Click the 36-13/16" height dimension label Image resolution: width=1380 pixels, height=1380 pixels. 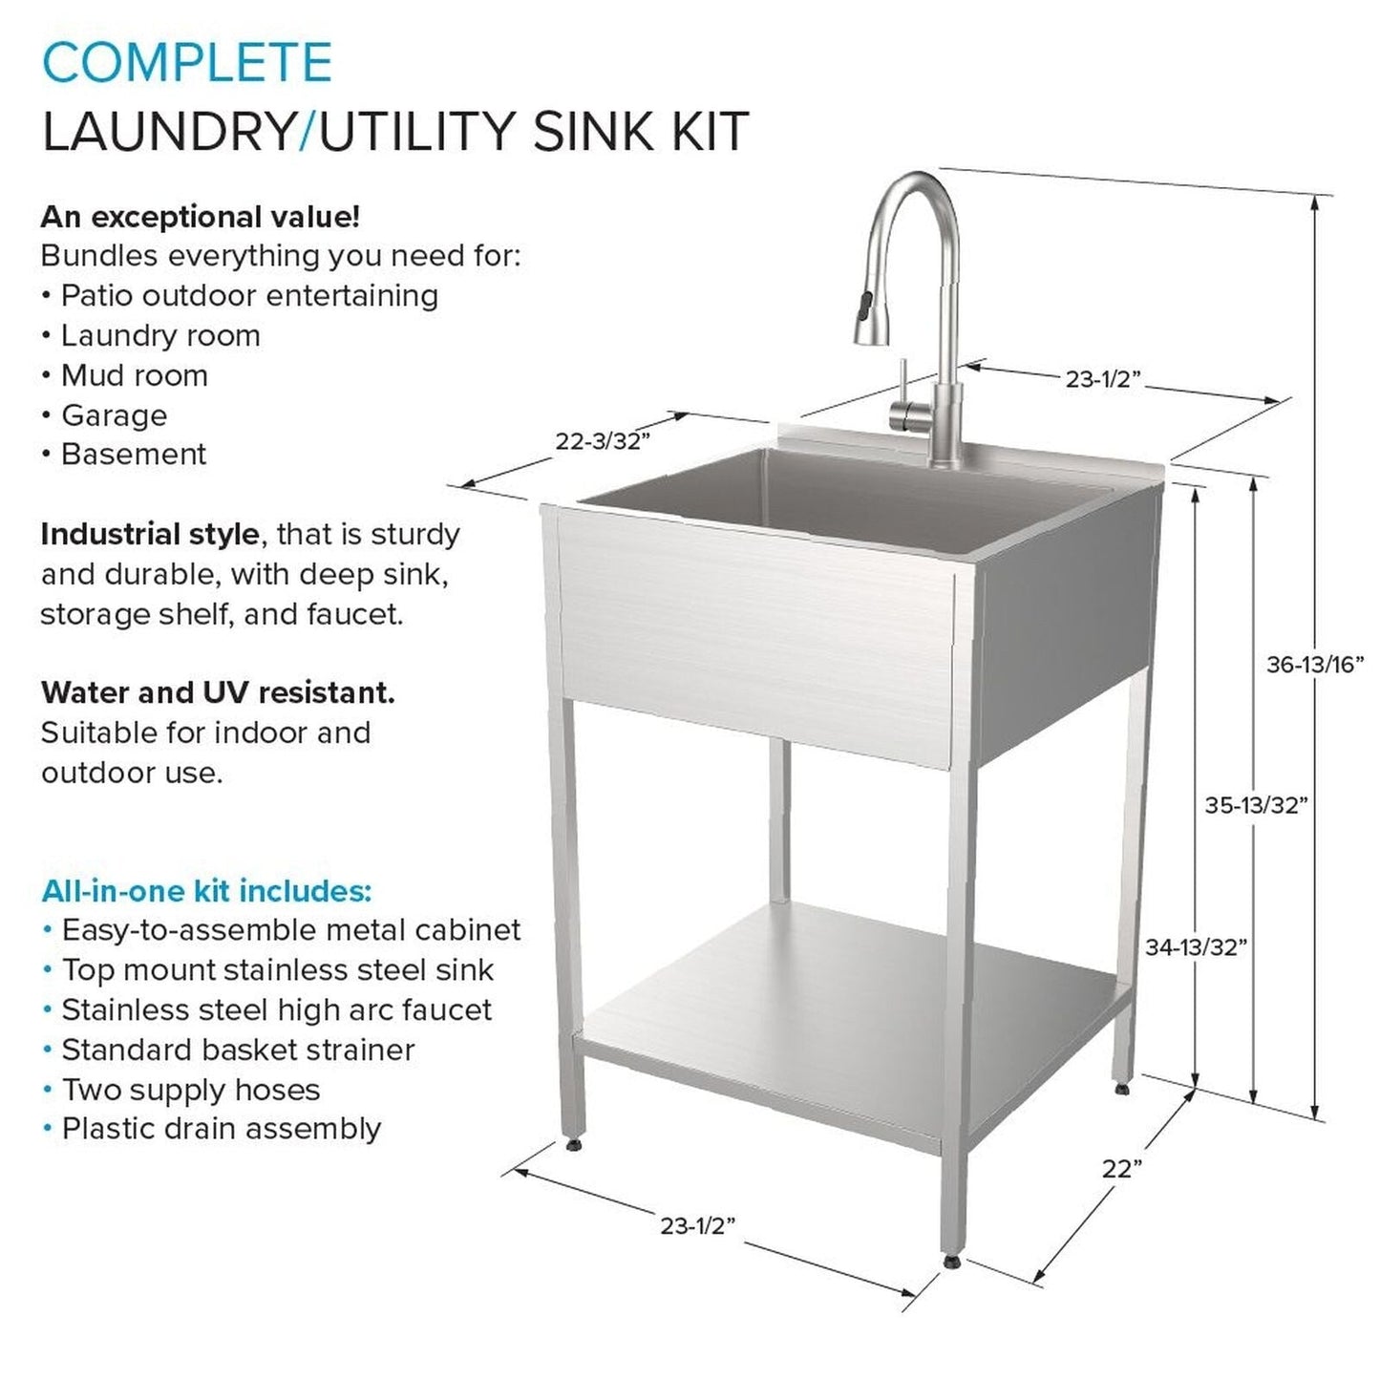click(x=1314, y=665)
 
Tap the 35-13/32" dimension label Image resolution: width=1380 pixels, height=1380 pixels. click(x=1255, y=805)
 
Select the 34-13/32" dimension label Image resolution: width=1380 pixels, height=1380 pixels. click(x=1196, y=946)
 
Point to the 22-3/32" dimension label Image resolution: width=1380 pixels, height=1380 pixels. click(x=603, y=441)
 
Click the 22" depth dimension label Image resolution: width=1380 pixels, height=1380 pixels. click(x=1121, y=1168)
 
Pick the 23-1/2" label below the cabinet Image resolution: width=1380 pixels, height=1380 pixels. click(x=697, y=1225)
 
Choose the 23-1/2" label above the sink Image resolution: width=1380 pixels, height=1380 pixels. click(x=1104, y=379)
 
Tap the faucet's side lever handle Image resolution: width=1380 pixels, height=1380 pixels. click(x=899, y=392)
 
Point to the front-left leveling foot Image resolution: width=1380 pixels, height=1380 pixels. click(x=572, y=1144)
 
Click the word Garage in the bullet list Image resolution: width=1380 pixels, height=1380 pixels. click(x=114, y=415)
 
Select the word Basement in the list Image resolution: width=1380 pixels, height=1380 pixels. click(x=134, y=455)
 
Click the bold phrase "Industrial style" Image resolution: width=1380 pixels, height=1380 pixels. click(x=149, y=534)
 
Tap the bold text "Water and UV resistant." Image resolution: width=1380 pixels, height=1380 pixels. click(x=218, y=692)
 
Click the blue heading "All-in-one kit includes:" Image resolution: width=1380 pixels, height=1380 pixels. click(x=206, y=891)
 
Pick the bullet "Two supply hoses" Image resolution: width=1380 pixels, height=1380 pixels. click(x=190, y=1090)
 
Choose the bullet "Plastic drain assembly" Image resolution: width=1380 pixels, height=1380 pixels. click(x=221, y=1129)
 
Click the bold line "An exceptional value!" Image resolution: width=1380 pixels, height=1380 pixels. click(x=201, y=217)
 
